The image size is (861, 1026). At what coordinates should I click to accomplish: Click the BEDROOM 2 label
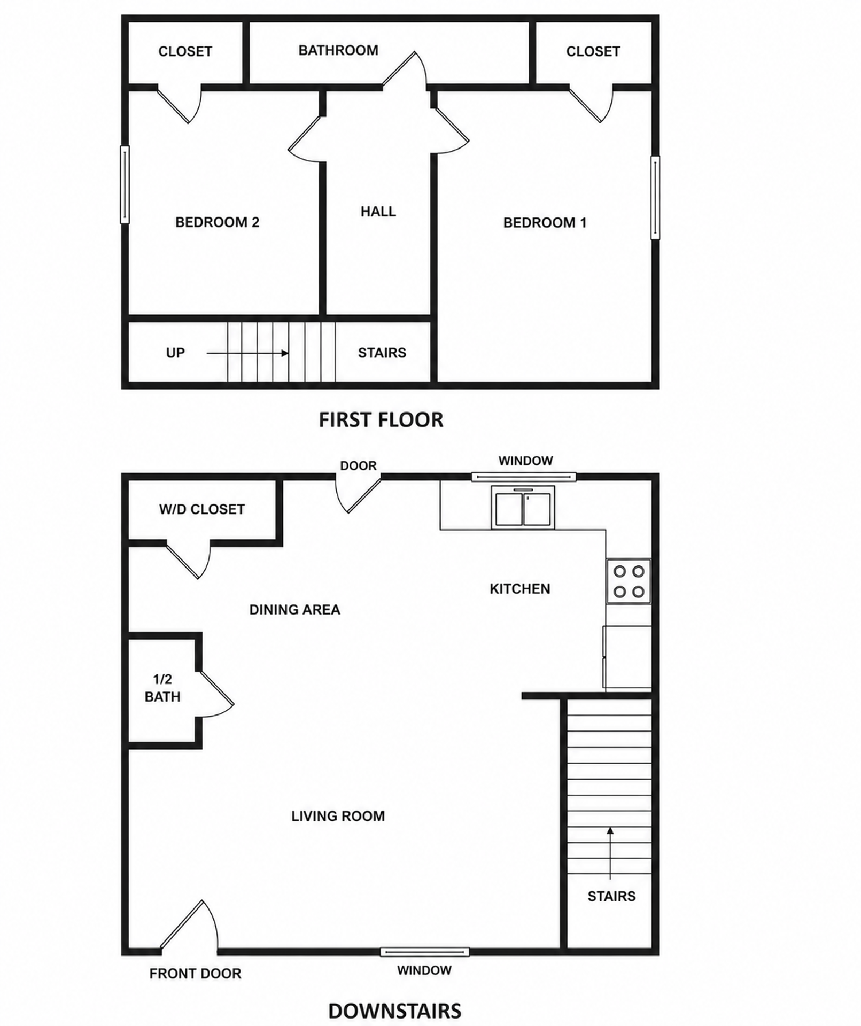[x=217, y=222]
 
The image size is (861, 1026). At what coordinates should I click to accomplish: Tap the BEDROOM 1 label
[x=545, y=222]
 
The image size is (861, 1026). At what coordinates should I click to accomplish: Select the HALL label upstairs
[x=378, y=212]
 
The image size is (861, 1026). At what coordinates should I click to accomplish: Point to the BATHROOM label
[x=338, y=50]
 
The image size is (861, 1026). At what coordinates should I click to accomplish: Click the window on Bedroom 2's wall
[x=125, y=184]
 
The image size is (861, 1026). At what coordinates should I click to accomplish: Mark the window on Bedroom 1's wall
[x=655, y=198]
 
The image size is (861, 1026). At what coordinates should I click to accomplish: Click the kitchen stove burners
[x=629, y=581]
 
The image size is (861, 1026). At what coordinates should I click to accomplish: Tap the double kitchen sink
[x=523, y=508]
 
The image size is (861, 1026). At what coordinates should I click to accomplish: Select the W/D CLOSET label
[x=202, y=509]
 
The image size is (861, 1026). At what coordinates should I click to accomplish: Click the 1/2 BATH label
[x=162, y=688]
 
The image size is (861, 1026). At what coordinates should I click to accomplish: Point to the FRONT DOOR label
[x=195, y=974]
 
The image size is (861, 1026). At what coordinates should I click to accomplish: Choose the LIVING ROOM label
[x=338, y=816]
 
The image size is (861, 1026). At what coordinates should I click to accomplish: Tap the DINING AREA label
[x=294, y=610]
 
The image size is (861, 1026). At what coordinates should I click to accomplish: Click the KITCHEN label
[x=520, y=589]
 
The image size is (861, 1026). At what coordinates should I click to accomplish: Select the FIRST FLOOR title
[x=381, y=420]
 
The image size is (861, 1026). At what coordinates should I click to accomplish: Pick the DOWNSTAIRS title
[x=395, y=1011]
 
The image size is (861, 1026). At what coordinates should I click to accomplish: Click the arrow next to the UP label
[x=247, y=353]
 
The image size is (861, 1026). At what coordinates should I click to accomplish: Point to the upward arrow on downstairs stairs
[x=610, y=853]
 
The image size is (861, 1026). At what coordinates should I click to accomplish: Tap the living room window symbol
[x=424, y=951]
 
